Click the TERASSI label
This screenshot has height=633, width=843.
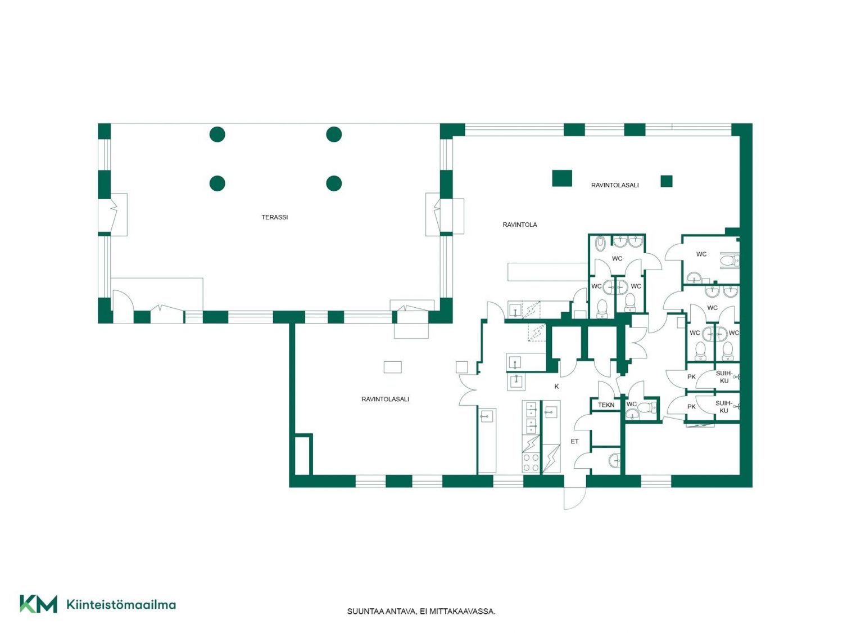[x=274, y=217]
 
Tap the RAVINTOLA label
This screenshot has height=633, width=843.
[x=520, y=225]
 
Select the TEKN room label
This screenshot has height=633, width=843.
[x=606, y=405]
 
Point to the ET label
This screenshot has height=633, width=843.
[x=574, y=441]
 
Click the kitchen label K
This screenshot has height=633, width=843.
[x=556, y=387]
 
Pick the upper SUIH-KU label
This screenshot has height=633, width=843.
[x=724, y=377]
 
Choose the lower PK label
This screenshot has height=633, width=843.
[x=691, y=407]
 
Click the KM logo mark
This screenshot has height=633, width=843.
[x=38, y=604]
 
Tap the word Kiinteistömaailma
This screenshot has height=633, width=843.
[x=121, y=604]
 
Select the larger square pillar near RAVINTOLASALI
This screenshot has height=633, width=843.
[x=562, y=178]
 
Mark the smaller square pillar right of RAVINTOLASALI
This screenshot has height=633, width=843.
[x=667, y=181]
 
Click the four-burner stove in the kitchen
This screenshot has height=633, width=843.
[x=531, y=464]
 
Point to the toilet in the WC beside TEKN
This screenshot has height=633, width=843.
[x=650, y=407]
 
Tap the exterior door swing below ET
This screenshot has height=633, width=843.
[x=575, y=498]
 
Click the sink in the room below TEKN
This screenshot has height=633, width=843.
[x=615, y=460]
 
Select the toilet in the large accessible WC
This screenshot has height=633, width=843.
[x=729, y=261]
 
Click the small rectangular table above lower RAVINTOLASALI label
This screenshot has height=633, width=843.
[x=392, y=367]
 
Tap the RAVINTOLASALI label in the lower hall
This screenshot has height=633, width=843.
[x=385, y=399]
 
